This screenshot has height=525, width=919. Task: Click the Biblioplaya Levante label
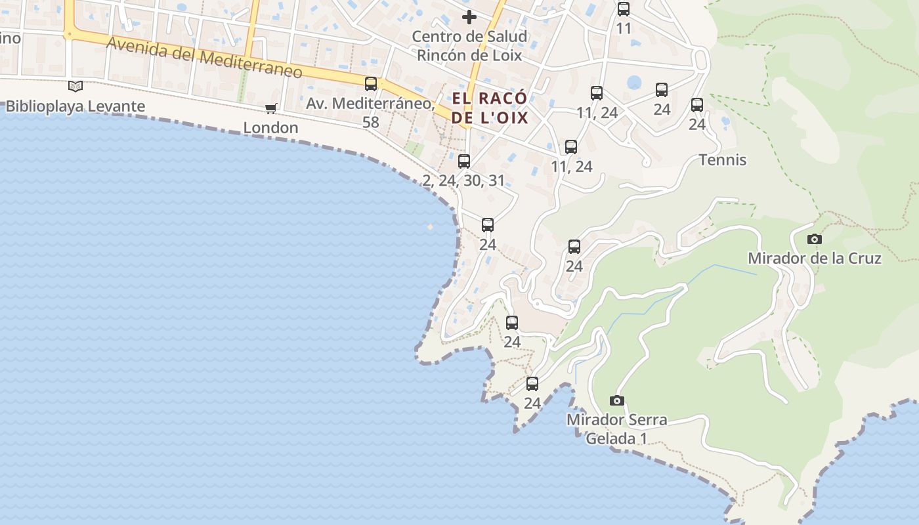(x=75, y=106)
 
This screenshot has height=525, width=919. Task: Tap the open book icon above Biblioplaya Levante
(x=75, y=86)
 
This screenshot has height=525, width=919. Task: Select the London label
(x=270, y=127)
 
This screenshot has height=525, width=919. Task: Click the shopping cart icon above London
(x=270, y=108)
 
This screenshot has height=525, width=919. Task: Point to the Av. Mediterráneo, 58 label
(x=370, y=112)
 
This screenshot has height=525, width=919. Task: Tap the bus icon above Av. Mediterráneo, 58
(x=371, y=83)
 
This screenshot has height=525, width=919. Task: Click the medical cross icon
(x=469, y=17)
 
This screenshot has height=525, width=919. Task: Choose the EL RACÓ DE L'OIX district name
(x=490, y=108)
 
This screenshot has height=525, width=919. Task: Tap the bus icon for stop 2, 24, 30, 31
(x=464, y=161)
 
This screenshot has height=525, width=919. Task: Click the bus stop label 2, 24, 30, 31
(x=463, y=180)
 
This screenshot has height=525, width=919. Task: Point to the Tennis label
(x=723, y=159)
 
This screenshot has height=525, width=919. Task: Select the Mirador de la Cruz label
(x=814, y=258)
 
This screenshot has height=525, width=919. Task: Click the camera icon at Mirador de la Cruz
(x=815, y=239)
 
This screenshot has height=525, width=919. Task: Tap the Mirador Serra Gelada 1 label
(x=616, y=429)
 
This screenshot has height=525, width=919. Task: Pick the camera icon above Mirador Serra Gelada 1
(x=616, y=400)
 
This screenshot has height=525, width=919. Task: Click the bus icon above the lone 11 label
(x=624, y=9)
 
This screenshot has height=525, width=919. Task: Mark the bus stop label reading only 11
(x=624, y=28)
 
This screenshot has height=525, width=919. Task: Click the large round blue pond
(x=634, y=83)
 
